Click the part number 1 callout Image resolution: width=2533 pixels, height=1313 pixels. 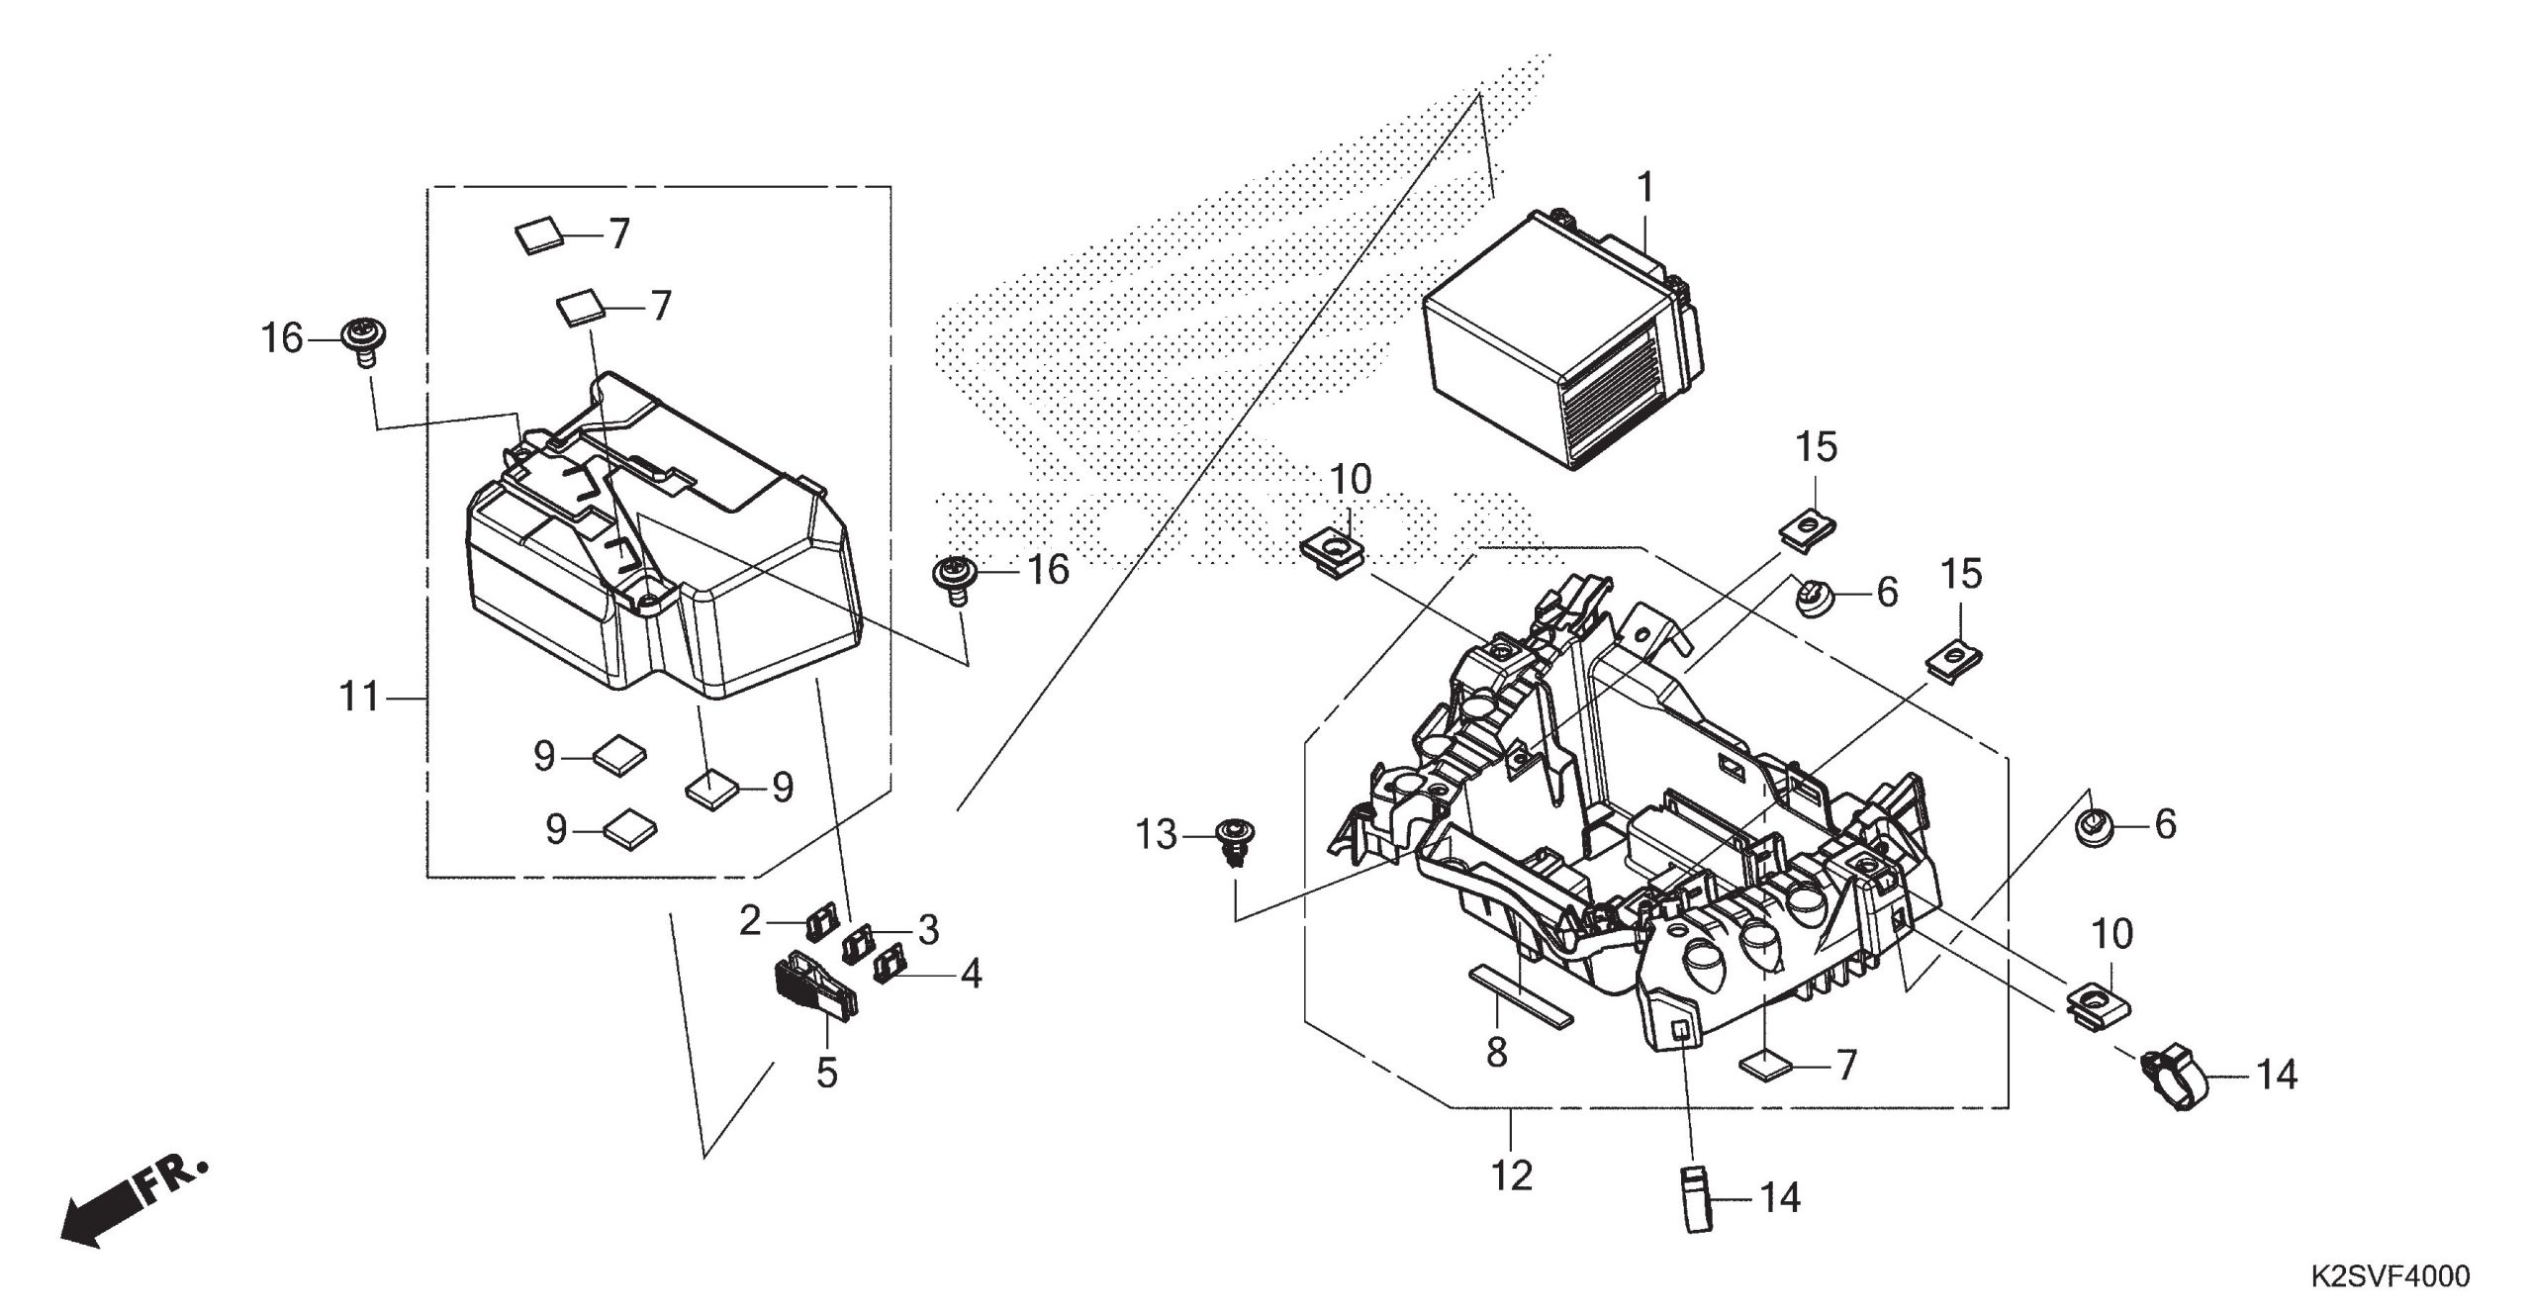click(1644, 187)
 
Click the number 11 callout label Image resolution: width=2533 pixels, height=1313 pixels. click(359, 699)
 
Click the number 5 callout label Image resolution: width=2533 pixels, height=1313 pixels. click(827, 1073)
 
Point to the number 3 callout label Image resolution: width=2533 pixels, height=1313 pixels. click(928, 929)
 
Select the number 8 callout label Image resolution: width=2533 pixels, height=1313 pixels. click(1497, 1053)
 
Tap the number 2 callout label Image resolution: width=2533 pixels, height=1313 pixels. click(751, 921)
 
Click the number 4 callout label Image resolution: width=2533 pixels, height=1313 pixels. click(972, 975)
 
